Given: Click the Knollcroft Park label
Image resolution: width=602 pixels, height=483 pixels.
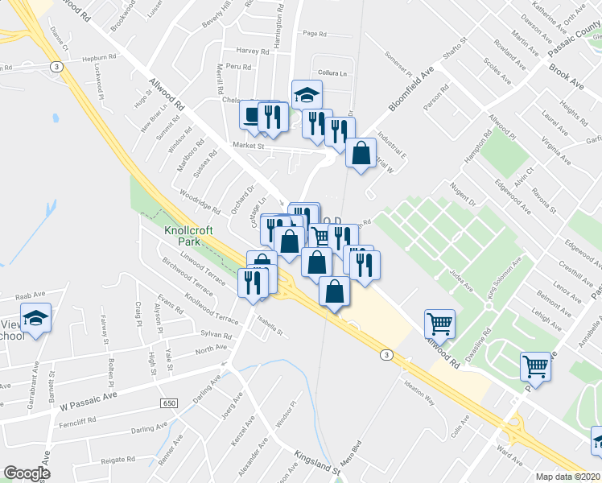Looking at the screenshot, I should click(188, 235).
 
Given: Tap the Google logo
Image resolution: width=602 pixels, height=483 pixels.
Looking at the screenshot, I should click(27, 473).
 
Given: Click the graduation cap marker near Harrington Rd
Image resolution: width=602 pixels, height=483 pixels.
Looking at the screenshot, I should click(307, 95).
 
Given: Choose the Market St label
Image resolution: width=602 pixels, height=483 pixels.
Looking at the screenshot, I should click(249, 146).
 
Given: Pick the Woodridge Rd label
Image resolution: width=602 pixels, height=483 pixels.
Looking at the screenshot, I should click(199, 198).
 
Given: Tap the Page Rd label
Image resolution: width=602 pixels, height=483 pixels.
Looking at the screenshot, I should click(314, 34).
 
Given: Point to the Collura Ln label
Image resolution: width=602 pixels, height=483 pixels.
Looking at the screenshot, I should click(332, 72).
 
